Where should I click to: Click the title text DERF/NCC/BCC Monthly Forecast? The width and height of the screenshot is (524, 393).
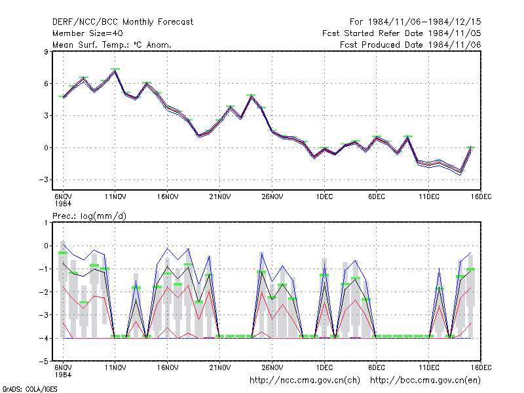point(122,22)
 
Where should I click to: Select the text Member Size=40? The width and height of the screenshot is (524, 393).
point(88,33)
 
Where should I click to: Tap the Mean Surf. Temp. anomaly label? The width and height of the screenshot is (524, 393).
point(111,45)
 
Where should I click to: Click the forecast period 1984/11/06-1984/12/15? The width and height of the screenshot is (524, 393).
point(415,22)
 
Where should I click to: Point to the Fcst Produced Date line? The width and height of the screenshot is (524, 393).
point(411,45)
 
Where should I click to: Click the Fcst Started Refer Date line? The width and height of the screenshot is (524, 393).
point(402,33)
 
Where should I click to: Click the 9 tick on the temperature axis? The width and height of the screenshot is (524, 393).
point(46,52)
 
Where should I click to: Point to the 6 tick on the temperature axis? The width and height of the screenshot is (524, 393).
point(46,84)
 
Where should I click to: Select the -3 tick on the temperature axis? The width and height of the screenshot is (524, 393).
point(43,179)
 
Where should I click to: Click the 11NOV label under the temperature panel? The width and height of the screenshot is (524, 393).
point(115,196)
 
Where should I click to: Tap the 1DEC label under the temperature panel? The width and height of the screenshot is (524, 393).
point(324,196)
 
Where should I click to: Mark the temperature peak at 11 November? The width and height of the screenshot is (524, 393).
point(115,71)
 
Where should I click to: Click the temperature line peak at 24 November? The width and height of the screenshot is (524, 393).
point(252,96)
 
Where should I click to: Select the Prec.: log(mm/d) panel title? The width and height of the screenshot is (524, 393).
point(89,216)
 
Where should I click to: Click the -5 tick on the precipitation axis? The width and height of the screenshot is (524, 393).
point(43,362)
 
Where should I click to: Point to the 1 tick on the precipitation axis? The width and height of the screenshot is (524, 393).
point(46,223)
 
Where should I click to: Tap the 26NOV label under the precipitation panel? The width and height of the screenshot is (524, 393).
point(272,367)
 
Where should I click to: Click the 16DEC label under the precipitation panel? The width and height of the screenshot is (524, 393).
point(481,367)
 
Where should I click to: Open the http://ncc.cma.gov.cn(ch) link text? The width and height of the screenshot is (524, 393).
point(305,381)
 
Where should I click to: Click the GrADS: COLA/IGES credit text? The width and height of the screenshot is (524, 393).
point(29,389)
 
